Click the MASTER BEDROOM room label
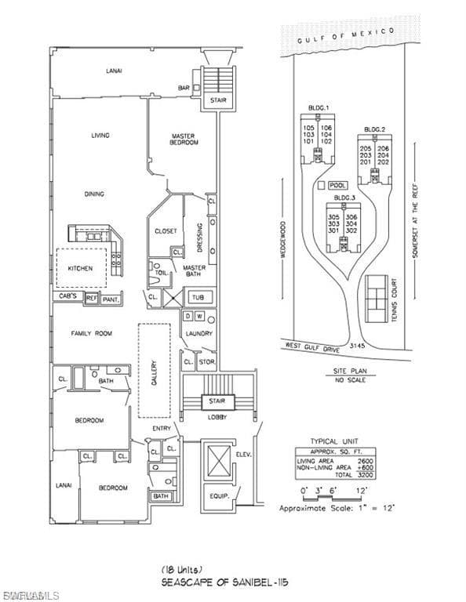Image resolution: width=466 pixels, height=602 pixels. coord(184,139)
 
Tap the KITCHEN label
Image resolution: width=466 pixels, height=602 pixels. coord(80,268)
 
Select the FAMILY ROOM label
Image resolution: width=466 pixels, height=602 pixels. coord(92,333)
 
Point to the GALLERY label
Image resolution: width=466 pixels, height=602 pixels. coord(155,372)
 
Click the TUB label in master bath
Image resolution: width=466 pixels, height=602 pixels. coord(198,298)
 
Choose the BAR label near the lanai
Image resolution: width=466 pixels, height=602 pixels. coord(184,88)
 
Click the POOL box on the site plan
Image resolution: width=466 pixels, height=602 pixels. coord(337,184)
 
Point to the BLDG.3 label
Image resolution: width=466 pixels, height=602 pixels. coord(343,198)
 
